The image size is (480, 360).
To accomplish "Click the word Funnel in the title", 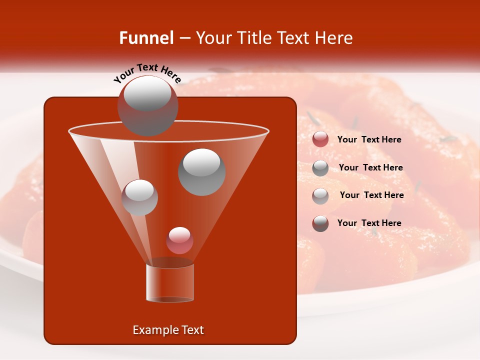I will pyautogui.click(x=146, y=38).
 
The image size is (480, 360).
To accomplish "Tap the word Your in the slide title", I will pyautogui.click(x=214, y=38).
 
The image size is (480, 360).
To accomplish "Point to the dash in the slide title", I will pyautogui.click(x=184, y=38).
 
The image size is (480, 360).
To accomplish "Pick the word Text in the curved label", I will pyautogui.click(x=147, y=68).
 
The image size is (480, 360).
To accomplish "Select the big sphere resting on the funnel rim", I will pyautogui.click(x=147, y=105).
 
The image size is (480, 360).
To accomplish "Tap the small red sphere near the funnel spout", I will pyautogui.click(x=179, y=240).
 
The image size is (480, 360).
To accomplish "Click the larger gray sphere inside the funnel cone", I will pyautogui.click(x=201, y=172).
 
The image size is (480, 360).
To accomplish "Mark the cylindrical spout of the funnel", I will pyautogui.click(x=170, y=282).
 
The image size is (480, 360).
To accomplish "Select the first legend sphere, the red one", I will pyautogui.click(x=320, y=139).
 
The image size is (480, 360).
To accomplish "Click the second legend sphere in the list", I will pyautogui.click(x=320, y=168).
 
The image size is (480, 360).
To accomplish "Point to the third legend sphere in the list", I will pyautogui.click(x=320, y=196).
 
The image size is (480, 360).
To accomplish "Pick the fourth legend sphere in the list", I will pyautogui.click(x=320, y=223).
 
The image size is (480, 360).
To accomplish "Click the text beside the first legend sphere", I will pyautogui.click(x=369, y=140).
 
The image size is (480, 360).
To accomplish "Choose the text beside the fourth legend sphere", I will pyautogui.click(x=369, y=223).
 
